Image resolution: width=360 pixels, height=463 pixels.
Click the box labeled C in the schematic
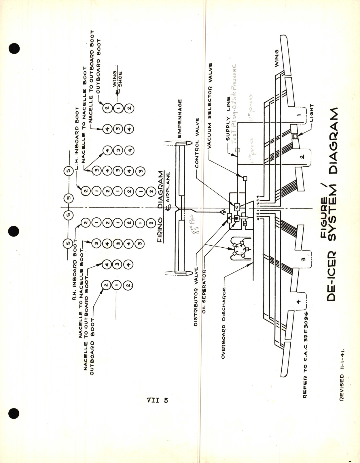point(237,207)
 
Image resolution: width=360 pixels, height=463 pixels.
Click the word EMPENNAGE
point(179,118)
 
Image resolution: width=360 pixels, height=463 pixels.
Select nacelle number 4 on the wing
point(299,301)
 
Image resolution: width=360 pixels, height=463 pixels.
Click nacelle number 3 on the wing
point(303,259)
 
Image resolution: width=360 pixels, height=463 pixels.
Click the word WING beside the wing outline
point(276,58)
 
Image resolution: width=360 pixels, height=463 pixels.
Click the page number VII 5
point(157,400)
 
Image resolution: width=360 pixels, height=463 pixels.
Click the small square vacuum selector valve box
point(245,178)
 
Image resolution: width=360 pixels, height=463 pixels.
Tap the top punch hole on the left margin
point(14,49)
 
